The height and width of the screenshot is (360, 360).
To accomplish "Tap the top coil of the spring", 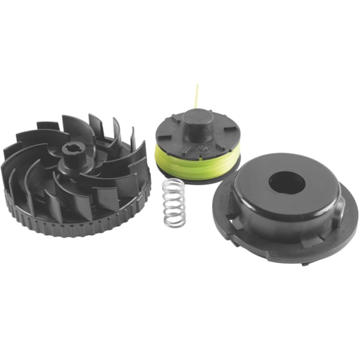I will (x=173, y=182).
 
